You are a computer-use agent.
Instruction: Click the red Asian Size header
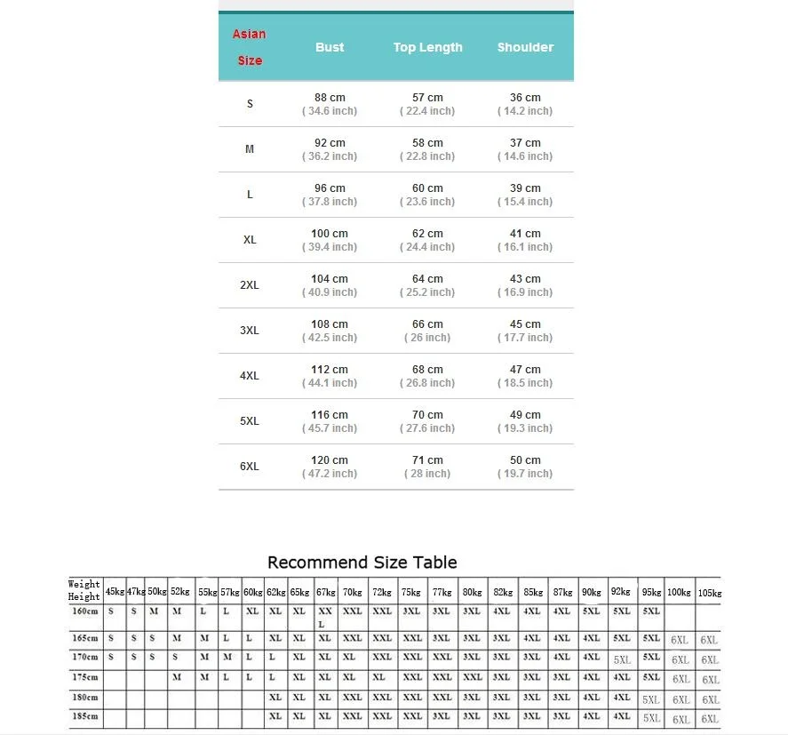coord(249,47)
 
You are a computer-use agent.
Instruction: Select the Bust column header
coord(330,47)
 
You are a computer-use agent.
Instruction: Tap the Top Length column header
coord(427,47)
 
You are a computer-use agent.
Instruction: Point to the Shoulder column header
coord(525,47)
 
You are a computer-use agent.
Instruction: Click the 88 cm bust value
coord(330,98)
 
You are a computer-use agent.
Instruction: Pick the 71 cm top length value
coord(427,460)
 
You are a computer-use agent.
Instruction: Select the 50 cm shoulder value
coord(525,460)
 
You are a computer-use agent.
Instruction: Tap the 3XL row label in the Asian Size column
coord(249,331)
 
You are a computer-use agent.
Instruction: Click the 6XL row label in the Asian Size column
coord(249,467)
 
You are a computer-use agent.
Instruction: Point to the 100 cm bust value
coord(330,234)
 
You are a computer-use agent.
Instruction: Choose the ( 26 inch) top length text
coord(427,338)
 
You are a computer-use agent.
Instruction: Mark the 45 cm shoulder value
coord(525,324)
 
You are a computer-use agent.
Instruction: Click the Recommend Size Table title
coord(362,563)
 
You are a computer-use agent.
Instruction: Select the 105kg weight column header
coord(709,593)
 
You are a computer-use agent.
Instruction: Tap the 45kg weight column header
coord(115,592)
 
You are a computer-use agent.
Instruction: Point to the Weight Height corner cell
coord(84,591)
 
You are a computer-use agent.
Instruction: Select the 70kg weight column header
coord(352,592)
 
